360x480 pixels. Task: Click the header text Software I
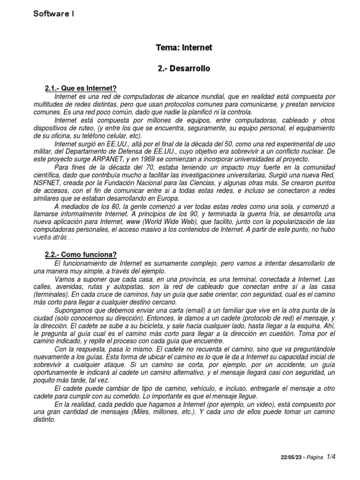(53, 14)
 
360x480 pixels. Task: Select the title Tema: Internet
(184, 47)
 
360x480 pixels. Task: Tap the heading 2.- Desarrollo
(184, 68)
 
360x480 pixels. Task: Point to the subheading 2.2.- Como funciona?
(81, 254)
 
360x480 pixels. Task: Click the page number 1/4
(331, 457)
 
